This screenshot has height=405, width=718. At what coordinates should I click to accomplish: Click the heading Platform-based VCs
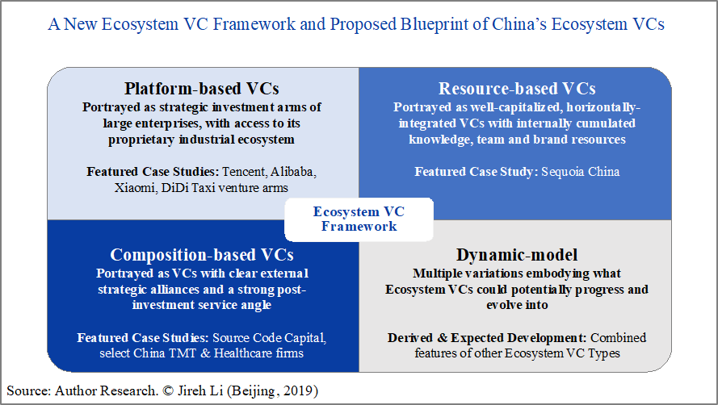click(201, 88)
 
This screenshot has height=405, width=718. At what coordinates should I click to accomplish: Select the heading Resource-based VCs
click(517, 88)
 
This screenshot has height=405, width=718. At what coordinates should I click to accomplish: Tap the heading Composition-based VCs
click(202, 255)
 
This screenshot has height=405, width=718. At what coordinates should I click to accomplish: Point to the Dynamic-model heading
click(517, 255)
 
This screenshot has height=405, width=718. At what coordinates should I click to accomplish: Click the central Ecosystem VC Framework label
click(359, 219)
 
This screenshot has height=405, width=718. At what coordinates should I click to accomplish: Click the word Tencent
click(243, 172)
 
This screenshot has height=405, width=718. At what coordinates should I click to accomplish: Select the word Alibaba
click(293, 172)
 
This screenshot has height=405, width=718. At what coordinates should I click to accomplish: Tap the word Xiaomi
click(136, 188)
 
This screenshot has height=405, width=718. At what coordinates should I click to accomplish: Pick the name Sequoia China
click(580, 172)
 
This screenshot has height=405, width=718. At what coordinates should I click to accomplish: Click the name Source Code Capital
click(269, 338)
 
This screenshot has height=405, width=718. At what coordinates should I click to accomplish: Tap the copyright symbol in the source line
click(168, 391)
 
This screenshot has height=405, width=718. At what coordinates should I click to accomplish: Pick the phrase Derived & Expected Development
click(487, 338)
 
